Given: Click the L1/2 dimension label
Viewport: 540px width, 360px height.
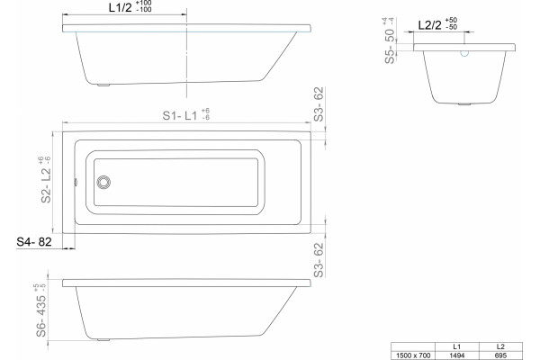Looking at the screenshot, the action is (121, 7).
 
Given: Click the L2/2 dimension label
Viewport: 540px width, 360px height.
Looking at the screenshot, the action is (430, 25).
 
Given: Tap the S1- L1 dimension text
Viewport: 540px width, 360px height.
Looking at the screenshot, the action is (180, 115).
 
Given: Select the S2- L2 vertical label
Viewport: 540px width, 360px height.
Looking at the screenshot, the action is (46, 185).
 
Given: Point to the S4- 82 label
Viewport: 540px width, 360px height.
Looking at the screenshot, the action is (34, 242).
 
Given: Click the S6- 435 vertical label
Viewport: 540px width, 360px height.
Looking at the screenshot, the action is (41, 316).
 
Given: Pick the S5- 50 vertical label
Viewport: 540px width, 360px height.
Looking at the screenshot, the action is (390, 46).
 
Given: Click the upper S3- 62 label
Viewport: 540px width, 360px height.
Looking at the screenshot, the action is (319, 104).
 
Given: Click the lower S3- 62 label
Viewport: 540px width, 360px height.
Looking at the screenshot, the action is (319, 260).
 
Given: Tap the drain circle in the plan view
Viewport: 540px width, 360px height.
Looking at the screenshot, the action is (103, 182).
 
